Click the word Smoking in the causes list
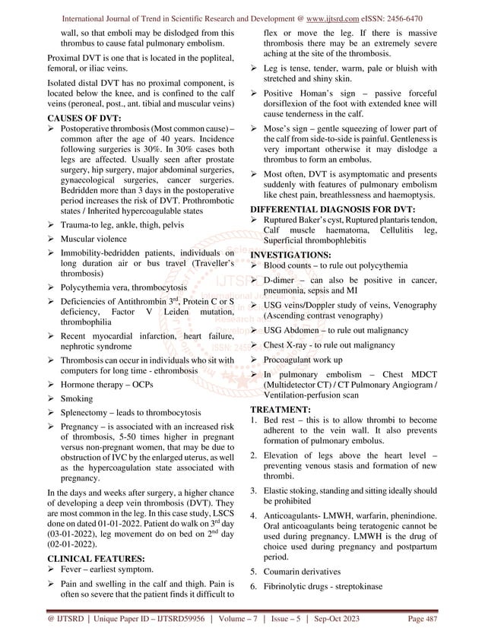pos(75,398)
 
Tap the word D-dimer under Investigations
pos(282,281)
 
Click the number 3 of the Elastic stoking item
pos(253,491)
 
